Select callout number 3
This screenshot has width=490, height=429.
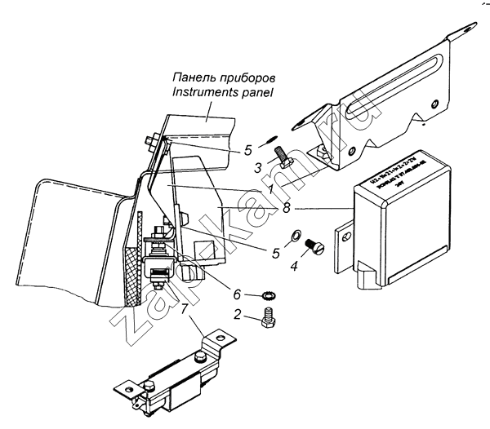pyautogui.click(x=257, y=167)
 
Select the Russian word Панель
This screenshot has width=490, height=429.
pyautogui.click(x=194, y=77)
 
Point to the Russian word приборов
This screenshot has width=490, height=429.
pyautogui.click(x=258, y=77)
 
